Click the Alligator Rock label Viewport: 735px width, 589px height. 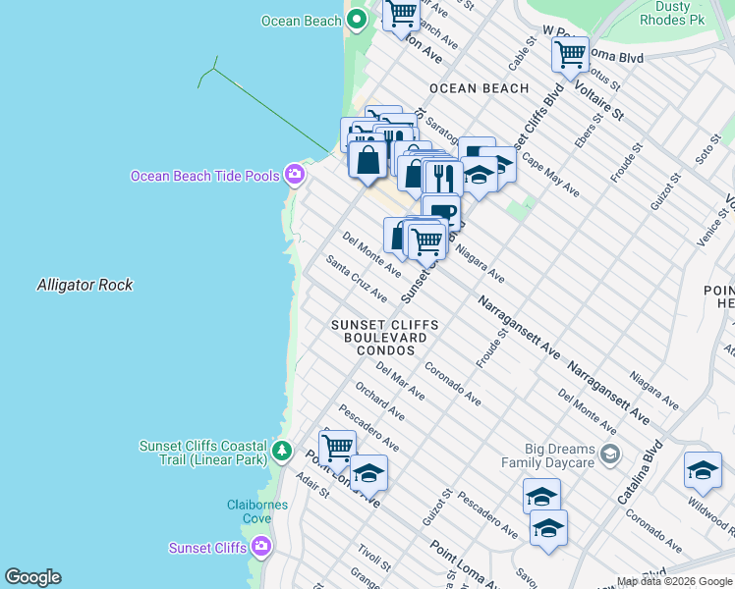click(x=85, y=285)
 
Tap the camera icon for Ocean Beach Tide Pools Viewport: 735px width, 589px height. click(x=294, y=175)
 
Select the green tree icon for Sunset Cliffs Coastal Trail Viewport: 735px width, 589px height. click(x=283, y=452)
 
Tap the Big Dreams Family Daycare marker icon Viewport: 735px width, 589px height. click(x=610, y=453)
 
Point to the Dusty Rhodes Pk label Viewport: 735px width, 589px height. click(x=671, y=13)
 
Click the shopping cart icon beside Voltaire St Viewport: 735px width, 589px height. click(x=570, y=54)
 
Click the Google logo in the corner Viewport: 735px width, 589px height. click(x=32, y=577)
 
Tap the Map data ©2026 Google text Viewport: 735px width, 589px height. click(x=674, y=581)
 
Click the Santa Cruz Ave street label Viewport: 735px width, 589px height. click(x=357, y=280)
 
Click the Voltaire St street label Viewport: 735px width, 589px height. click(x=605, y=101)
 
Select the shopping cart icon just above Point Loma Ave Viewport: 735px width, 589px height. click(x=337, y=448)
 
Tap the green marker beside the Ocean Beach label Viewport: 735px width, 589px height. click(x=356, y=20)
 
